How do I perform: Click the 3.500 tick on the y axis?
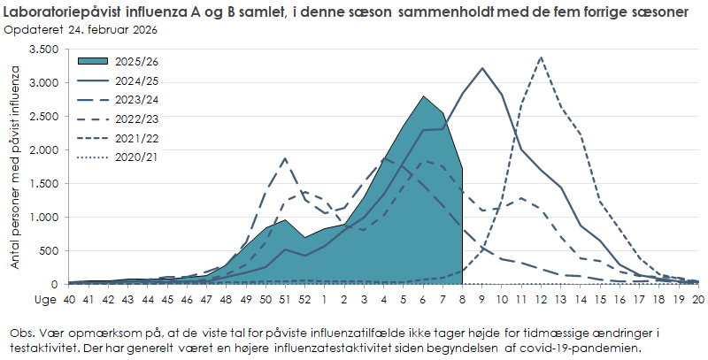pyautogui.click(x=44, y=50)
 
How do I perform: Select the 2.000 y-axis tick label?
pyautogui.click(x=44, y=150)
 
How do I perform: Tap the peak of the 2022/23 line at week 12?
pyautogui.click(x=541, y=57)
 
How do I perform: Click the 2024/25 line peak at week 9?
pyautogui.click(x=482, y=68)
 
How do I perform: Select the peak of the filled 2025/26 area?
pyautogui.click(x=424, y=96)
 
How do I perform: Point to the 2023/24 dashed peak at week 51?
pyautogui.click(x=285, y=159)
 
